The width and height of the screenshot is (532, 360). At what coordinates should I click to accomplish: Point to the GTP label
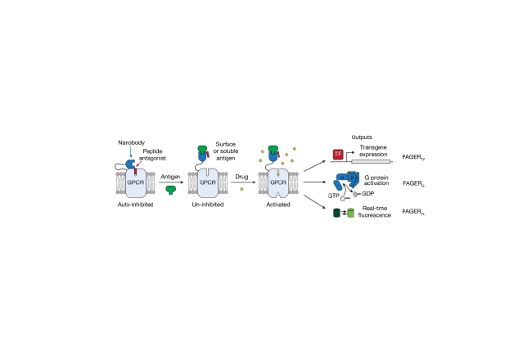click(331, 197)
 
